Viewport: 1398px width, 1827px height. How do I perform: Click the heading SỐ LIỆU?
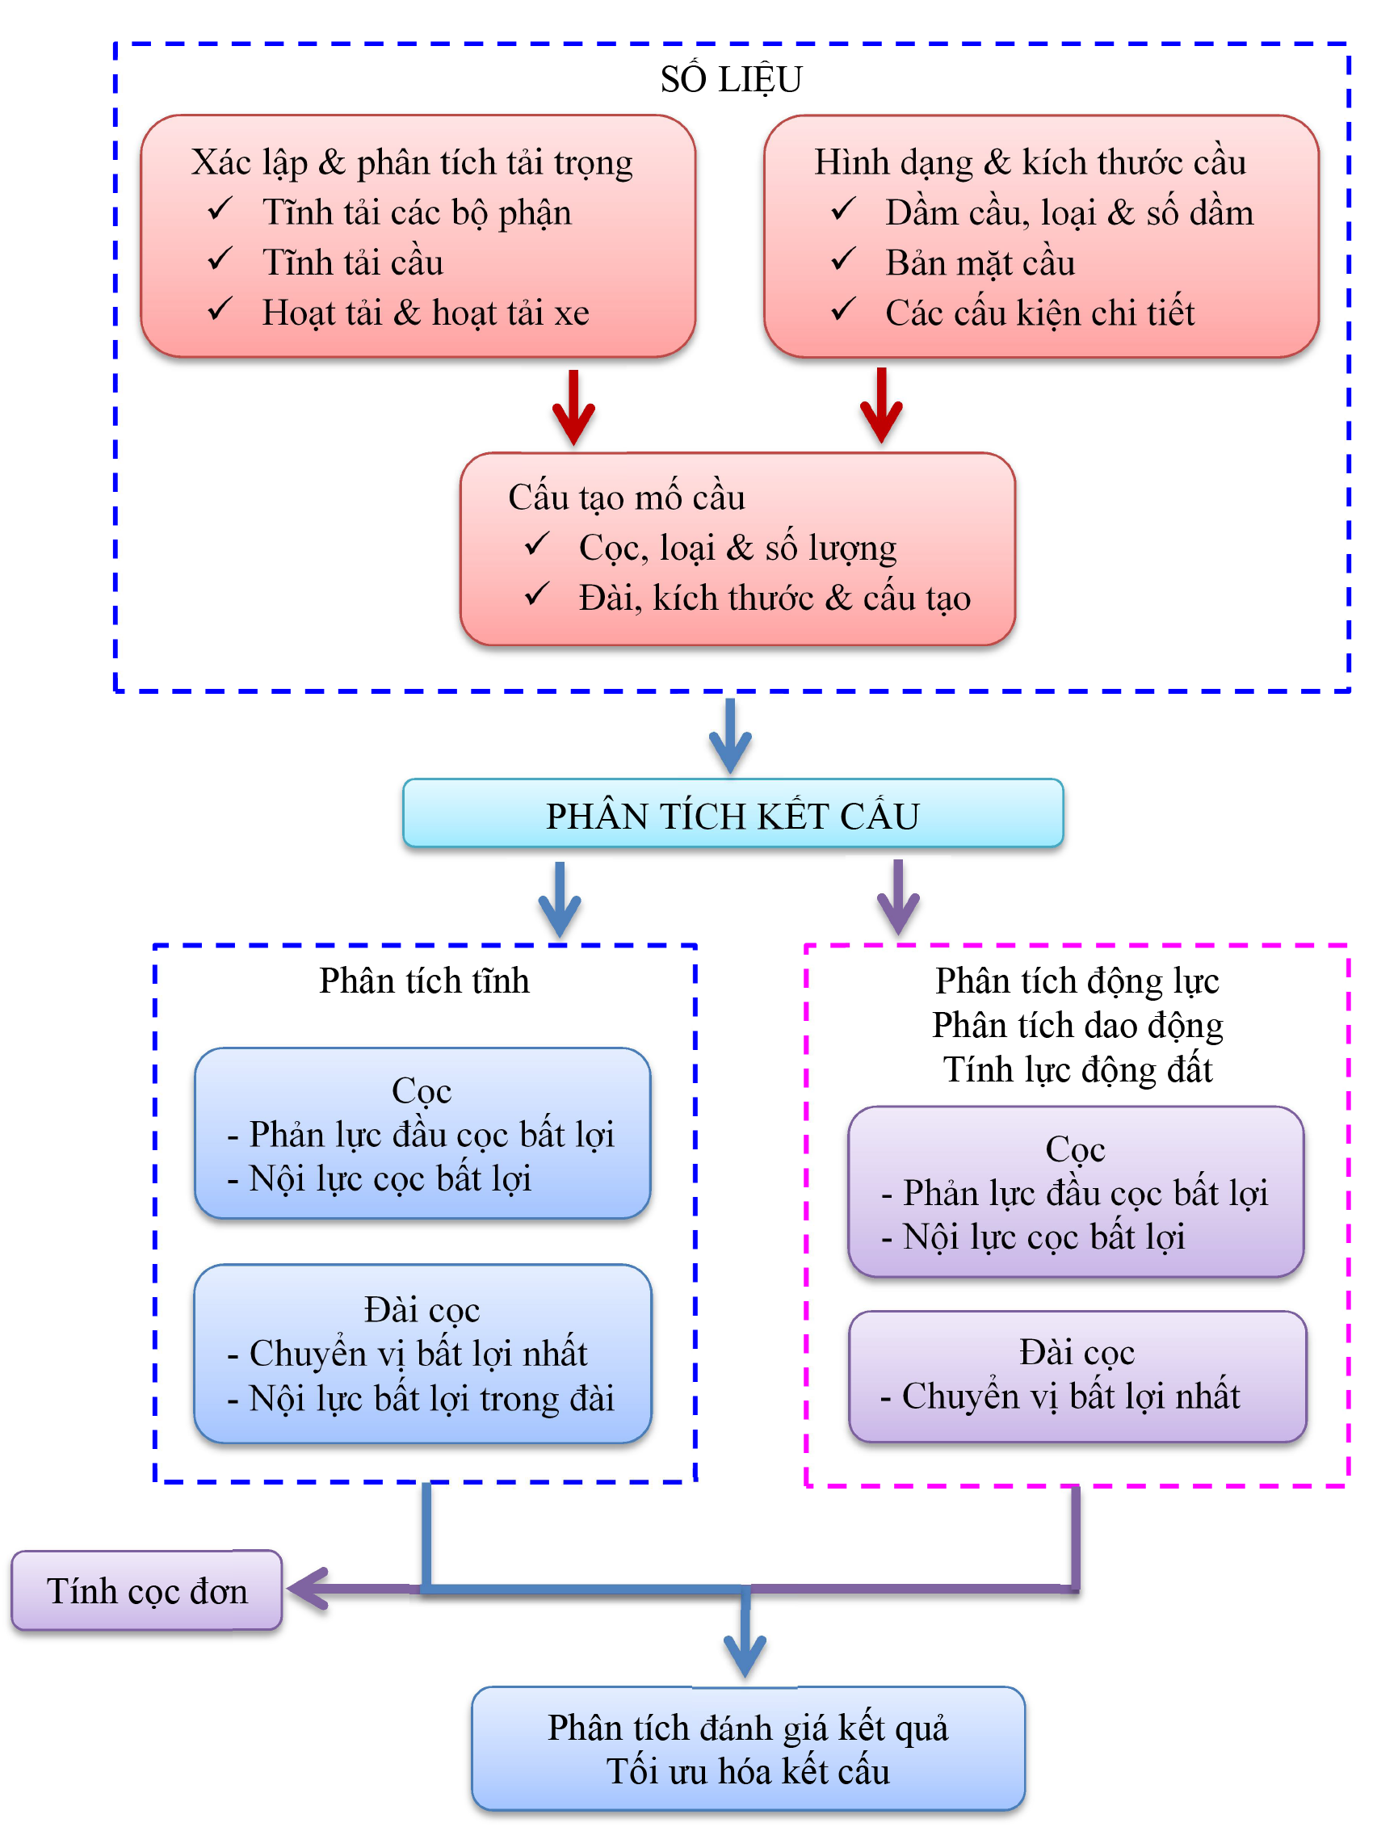coord(731,80)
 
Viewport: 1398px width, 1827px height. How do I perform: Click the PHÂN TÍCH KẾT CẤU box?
coord(733,813)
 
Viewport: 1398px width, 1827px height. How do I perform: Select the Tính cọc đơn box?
coord(146,1590)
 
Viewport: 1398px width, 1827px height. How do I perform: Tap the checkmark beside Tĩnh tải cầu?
coord(220,258)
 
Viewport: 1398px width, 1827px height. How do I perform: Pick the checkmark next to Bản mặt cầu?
coord(842,258)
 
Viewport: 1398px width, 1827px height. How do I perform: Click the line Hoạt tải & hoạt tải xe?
coord(426,313)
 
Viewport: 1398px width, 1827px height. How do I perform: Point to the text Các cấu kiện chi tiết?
coord(1039,313)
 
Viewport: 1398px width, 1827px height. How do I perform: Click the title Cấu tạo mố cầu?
coord(627,498)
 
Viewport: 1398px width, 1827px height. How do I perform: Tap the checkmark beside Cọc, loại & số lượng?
coord(536,544)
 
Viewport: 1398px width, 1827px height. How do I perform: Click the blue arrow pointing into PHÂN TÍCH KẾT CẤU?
coord(730,737)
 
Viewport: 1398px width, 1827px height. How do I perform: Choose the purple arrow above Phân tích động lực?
coord(898,898)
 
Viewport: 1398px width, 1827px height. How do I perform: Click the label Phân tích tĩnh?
coord(424,981)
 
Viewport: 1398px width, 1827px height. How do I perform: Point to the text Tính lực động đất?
coord(1077,1069)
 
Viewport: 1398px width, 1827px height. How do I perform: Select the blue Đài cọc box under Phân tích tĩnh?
coord(422,1353)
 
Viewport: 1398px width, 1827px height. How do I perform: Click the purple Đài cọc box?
coord(1077,1376)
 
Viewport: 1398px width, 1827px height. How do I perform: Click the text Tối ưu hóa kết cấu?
coord(747,1771)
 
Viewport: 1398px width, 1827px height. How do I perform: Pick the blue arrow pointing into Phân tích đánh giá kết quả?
coord(745,1643)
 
